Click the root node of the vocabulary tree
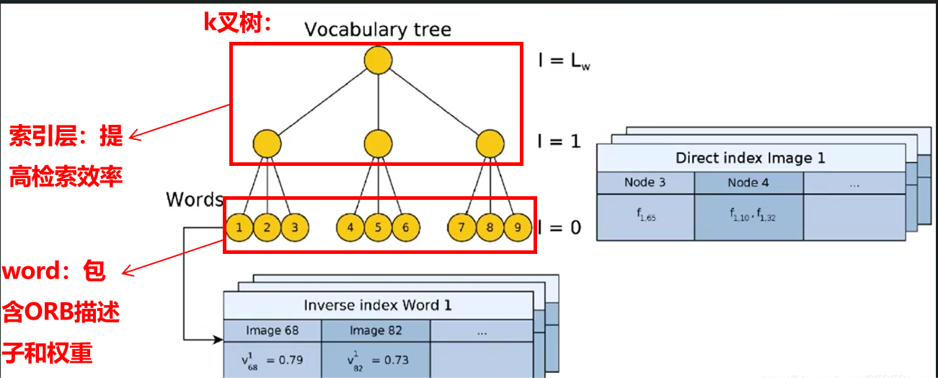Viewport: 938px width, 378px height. pos(377,61)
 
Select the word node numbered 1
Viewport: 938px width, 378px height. pos(239,228)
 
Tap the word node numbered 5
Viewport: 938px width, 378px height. pos(378,228)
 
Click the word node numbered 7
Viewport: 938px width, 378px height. pos(461,228)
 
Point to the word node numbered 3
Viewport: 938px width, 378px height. pos(294,228)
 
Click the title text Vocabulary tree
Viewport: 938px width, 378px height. pos(377,30)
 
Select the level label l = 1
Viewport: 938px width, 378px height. pos(559,141)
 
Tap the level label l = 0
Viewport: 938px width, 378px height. pos(559,228)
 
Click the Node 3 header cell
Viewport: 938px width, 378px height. pos(645,183)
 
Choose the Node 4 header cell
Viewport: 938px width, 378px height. pos(748,183)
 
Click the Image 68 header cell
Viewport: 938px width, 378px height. pos(273,330)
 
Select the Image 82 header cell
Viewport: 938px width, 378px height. pos(376,330)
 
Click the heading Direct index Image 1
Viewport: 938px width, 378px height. pos(750,157)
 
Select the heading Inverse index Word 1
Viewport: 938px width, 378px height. pos(378,305)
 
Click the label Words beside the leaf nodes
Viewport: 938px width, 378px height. pos(194,199)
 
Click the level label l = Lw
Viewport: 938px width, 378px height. pos(565,61)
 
